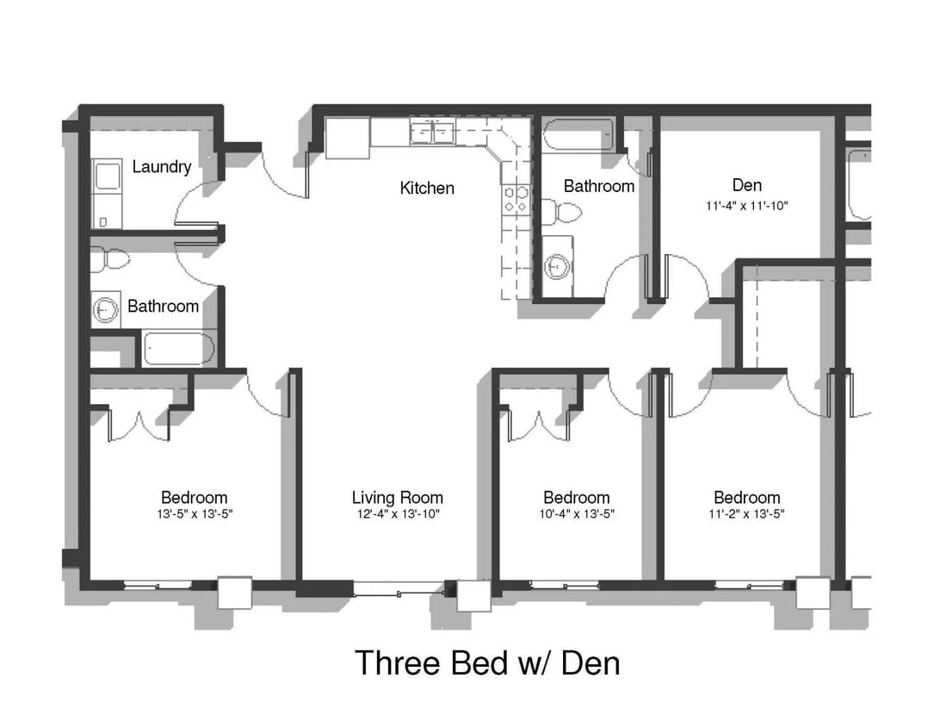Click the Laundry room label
point(161,167)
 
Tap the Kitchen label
point(427,188)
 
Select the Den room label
point(746,185)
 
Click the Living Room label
point(398,498)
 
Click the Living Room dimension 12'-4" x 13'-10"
point(398,515)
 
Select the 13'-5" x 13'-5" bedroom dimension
point(195,515)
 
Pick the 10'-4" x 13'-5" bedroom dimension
point(576,515)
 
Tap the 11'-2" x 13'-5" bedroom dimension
point(746,515)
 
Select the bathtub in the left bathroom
point(177,349)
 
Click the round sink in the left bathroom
point(107,309)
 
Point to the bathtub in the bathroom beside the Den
point(578,134)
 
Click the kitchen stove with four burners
point(516,200)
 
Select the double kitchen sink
point(433,133)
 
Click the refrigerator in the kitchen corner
point(348,138)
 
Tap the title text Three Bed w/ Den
point(487,663)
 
